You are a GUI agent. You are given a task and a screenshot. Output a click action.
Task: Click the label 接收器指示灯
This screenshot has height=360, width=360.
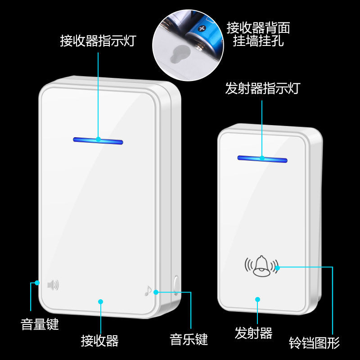[98, 41]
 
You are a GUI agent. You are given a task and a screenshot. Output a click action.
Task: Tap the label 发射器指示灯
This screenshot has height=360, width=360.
[262, 88]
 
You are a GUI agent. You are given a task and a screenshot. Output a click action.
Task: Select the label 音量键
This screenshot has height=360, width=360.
[40, 324]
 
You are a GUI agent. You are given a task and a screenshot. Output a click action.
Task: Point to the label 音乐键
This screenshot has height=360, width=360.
[189, 339]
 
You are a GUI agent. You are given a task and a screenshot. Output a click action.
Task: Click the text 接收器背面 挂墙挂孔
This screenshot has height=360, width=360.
[258, 35]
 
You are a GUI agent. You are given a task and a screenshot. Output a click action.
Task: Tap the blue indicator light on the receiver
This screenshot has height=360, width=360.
[98, 141]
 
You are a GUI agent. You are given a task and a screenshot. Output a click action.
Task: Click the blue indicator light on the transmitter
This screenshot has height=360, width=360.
[262, 159]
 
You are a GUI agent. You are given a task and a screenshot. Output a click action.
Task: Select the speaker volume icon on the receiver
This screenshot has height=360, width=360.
[53, 284]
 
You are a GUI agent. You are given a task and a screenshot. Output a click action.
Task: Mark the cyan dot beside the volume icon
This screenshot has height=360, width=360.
[37, 283]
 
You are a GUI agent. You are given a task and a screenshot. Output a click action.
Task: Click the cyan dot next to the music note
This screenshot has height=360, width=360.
[156, 292]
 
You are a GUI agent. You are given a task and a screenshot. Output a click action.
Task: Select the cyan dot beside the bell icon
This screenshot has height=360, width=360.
[278, 268]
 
